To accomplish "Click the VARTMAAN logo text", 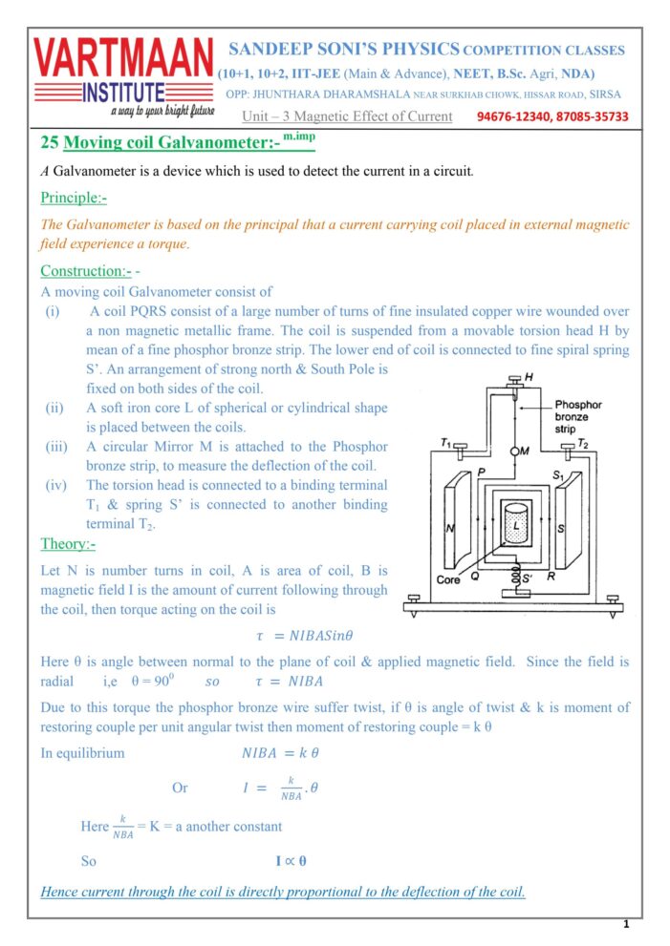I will [x=123, y=58].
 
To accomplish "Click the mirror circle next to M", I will [x=514, y=450].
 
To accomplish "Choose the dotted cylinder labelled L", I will [x=516, y=526].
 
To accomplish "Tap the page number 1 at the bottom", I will [x=625, y=924].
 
